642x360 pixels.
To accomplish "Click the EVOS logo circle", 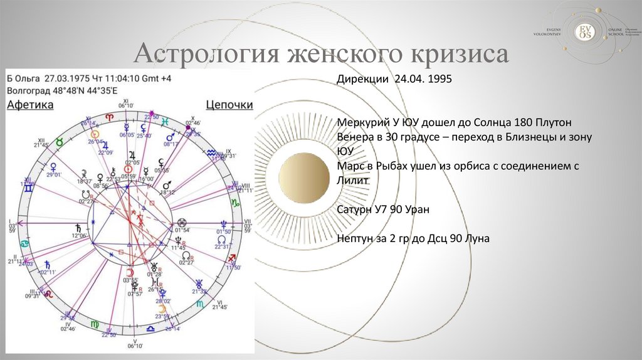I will tap(584, 31).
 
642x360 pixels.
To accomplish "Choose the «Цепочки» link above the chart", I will tap(229, 105).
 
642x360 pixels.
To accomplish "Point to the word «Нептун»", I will tap(355, 238).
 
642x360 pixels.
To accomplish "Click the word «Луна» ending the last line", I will tap(476, 238).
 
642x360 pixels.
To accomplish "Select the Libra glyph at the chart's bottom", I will tap(151, 328).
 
